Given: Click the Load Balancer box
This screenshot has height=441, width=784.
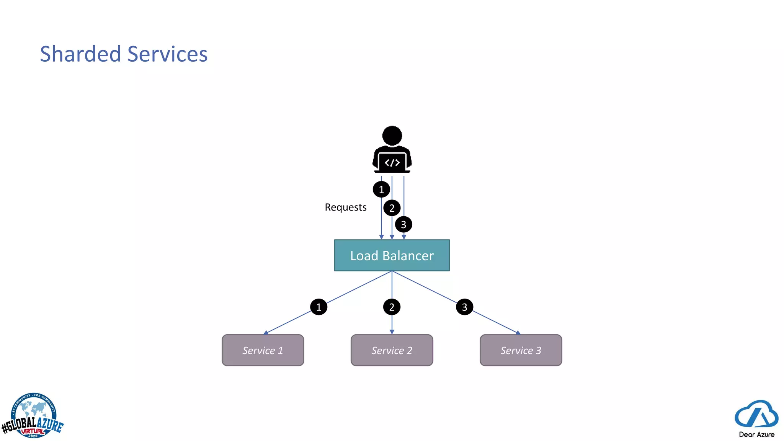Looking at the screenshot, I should (x=392, y=255).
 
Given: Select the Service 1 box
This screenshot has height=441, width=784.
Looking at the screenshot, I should (x=263, y=350).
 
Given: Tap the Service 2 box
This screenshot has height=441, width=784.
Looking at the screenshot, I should (x=392, y=350).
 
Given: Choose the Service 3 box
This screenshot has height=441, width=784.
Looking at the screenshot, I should (x=521, y=350).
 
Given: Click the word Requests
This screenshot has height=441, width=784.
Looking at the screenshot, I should (x=345, y=207).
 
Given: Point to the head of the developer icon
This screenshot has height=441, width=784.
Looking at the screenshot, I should (x=392, y=136).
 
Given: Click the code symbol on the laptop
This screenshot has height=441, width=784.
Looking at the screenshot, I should (x=392, y=163).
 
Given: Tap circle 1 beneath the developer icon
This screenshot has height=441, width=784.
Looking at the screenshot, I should (x=381, y=189).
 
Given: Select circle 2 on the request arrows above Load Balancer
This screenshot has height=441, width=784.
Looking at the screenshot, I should (x=392, y=208).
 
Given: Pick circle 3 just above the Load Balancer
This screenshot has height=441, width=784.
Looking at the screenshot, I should (x=403, y=224).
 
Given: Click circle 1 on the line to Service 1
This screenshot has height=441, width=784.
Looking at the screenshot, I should (x=318, y=307).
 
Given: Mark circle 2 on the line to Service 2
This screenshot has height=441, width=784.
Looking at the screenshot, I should (x=392, y=307).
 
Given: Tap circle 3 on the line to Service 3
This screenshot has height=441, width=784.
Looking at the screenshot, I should (x=464, y=307).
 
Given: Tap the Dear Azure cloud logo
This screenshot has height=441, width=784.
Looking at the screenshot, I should (x=756, y=415).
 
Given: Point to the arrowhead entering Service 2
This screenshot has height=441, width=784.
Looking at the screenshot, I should (x=392, y=332).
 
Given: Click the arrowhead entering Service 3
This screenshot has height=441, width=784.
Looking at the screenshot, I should (x=518, y=333).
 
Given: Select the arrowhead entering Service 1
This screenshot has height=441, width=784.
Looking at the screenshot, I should (x=266, y=333).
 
